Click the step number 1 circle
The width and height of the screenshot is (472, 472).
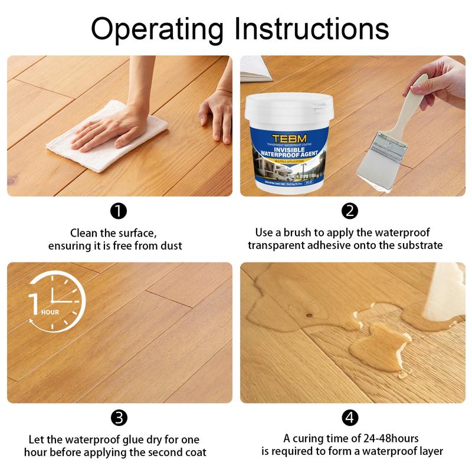119,211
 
